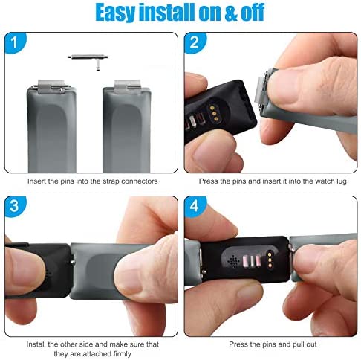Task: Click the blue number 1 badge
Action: coord(15,42)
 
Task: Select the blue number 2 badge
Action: coord(195,42)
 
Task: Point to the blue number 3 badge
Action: coord(14,206)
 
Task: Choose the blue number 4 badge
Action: coord(195,206)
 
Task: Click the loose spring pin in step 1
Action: coord(88,60)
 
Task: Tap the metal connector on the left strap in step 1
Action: coord(51,86)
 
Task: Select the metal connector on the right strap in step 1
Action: coord(127,86)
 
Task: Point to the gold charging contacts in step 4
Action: coord(270,260)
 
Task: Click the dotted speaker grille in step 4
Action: coord(232,260)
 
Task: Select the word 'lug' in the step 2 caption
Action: coord(341,181)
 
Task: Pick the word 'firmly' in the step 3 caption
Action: coord(122,354)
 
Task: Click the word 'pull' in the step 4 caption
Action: coord(299,344)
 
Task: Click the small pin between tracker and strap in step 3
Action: coord(72,262)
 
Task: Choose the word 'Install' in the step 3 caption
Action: coord(36,344)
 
